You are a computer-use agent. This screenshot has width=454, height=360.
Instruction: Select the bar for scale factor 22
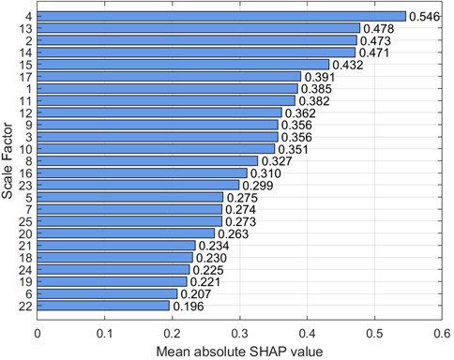[103, 306]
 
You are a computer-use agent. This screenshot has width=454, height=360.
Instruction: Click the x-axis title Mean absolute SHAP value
[239, 351]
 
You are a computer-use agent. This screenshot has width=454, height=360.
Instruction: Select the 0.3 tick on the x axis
[240, 331]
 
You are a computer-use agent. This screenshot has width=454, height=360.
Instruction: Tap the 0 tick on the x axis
[38, 331]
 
